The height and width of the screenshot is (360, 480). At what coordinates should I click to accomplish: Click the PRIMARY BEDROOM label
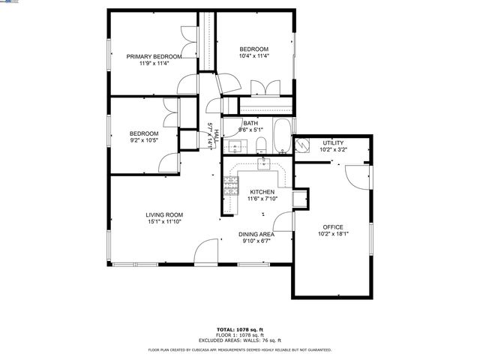click(x=154, y=56)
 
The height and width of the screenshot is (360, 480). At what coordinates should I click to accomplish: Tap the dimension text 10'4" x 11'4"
click(x=253, y=55)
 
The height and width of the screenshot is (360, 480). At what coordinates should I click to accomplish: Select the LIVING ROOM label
click(x=164, y=214)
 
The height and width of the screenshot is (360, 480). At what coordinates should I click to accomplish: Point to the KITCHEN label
click(x=262, y=192)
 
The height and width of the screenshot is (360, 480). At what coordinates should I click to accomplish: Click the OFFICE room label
click(x=333, y=226)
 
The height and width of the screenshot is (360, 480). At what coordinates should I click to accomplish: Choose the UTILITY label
click(x=334, y=142)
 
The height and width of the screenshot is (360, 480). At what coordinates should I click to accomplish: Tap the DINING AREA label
click(x=257, y=234)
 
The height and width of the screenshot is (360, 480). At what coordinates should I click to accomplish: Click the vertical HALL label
click(x=217, y=136)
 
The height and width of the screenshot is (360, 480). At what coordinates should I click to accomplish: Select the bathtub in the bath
click(x=283, y=136)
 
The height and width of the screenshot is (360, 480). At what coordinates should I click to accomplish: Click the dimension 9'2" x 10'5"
click(x=144, y=140)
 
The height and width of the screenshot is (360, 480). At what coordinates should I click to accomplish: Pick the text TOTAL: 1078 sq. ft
click(x=239, y=329)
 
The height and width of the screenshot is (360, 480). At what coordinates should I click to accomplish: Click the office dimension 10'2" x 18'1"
click(x=333, y=233)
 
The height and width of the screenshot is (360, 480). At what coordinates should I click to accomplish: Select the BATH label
click(x=250, y=123)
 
